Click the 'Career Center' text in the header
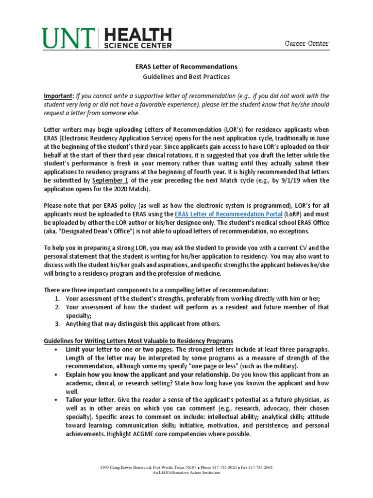(306, 44)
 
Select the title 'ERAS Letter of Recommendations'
(186, 66)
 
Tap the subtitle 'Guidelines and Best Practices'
(186, 77)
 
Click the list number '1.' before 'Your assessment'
(56, 299)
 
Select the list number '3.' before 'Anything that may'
(56, 323)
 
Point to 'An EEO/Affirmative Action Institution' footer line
(186, 472)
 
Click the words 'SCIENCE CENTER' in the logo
(138, 46)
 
